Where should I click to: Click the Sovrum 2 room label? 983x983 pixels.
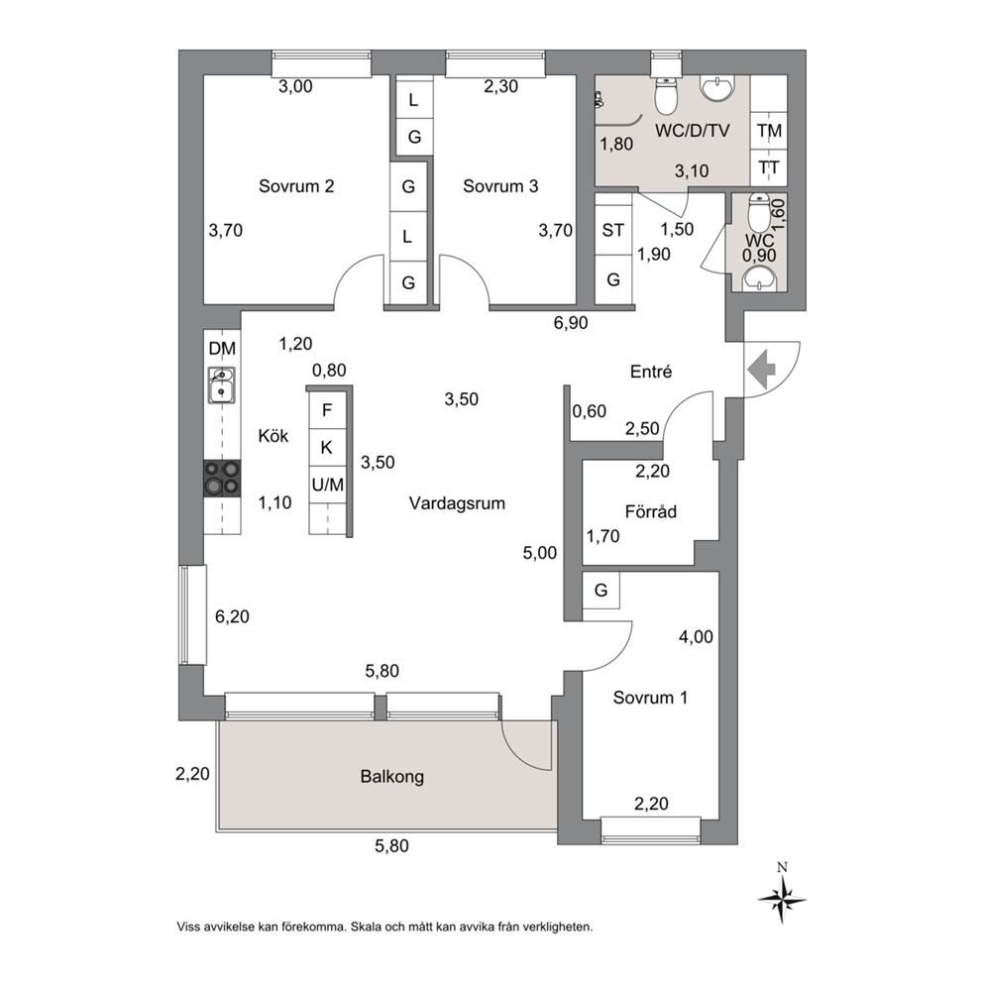[296, 186]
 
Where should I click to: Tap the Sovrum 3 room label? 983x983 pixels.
[500, 186]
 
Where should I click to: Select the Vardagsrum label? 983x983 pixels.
[457, 503]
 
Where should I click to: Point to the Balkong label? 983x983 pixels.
[391, 777]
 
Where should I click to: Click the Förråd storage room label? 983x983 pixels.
[651, 511]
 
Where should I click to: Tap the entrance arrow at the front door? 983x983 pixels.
[762, 370]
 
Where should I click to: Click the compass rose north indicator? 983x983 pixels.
[782, 897]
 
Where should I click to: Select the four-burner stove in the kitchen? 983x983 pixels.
[222, 478]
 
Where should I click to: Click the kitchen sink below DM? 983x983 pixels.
[221, 384]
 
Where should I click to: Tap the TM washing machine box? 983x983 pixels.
[769, 131]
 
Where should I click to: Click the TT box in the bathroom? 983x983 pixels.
[769, 167]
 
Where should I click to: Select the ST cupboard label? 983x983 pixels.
[612, 231]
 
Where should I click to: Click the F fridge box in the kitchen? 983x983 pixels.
[327, 410]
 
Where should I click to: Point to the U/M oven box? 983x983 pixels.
[327, 485]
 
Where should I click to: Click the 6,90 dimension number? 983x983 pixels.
[571, 323]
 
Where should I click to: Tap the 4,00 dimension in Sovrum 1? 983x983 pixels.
[696, 637]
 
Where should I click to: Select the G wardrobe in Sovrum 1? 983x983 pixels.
[601, 590]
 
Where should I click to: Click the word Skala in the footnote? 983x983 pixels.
[366, 927]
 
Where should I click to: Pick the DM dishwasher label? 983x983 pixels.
[222, 349]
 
